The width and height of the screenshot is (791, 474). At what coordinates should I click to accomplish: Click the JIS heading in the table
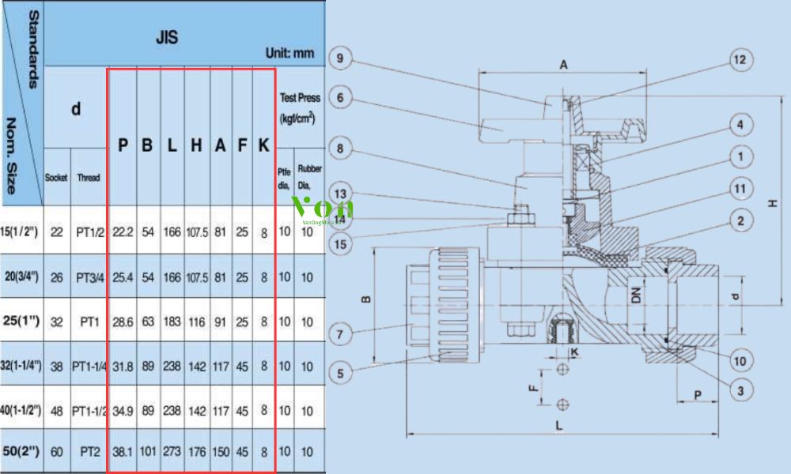click(x=166, y=36)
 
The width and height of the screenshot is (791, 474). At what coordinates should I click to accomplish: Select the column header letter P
click(x=123, y=145)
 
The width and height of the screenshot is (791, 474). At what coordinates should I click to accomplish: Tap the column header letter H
click(x=196, y=145)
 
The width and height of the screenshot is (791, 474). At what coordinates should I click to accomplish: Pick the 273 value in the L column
click(x=172, y=453)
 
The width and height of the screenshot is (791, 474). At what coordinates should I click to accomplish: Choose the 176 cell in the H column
click(x=196, y=453)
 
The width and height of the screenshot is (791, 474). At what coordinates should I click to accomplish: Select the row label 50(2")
click(x=22, y=452)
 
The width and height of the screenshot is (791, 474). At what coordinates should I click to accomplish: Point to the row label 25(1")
click(x=22, y=322)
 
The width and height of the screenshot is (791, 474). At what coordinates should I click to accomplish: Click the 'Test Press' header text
click(x=301, y=98)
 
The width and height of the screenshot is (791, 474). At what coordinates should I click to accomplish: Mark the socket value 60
click(x=56, y=453)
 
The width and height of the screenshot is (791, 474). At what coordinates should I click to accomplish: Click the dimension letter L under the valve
click(x=558, y=426)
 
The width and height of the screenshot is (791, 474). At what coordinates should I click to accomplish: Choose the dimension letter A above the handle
click(x=564, y=66)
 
